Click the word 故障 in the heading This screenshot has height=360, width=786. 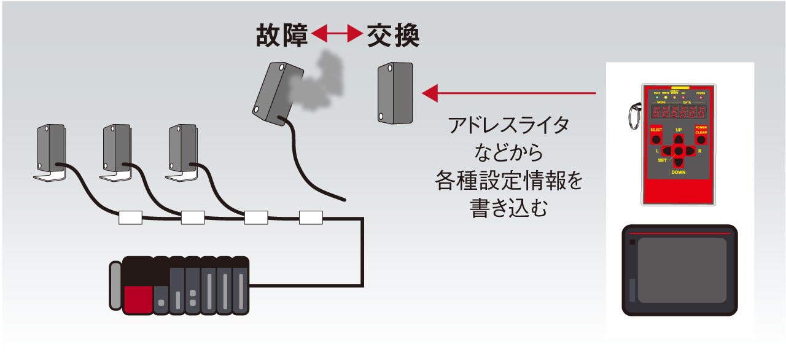point(282,37)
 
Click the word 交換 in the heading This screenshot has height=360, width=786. point(393,37)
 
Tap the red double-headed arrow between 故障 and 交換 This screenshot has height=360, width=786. point(337,36)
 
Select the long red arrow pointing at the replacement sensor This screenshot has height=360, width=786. point(509,93)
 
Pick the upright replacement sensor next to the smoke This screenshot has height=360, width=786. point(395,92)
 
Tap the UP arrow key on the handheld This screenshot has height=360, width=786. point(679,139)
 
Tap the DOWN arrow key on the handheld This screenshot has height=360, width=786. point(679,163)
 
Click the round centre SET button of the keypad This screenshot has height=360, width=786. point(679,151)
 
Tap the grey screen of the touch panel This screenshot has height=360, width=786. point(682,270)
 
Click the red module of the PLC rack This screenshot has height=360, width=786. point(138,299)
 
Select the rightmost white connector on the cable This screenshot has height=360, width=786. point(311,217)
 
